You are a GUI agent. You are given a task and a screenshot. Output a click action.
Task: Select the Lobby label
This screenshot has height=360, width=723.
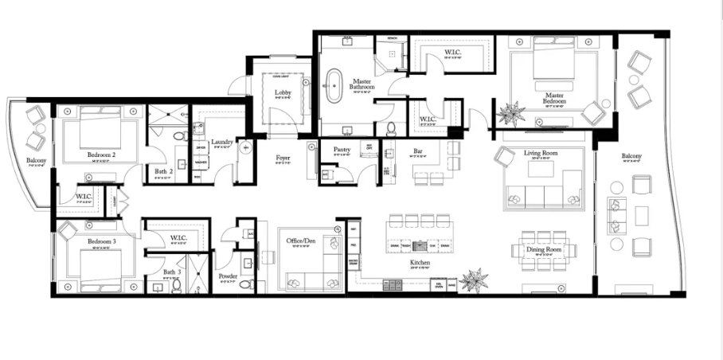(x=283, y=92)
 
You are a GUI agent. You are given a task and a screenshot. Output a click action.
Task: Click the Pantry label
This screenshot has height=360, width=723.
(x=342, y=149)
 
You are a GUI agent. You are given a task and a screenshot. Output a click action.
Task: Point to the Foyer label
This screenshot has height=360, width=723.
(x=283, y=157)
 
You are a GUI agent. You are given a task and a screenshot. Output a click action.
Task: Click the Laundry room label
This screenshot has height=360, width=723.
(x=223, y=142)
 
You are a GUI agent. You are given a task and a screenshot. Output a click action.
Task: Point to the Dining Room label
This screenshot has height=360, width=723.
(x=544, y=249)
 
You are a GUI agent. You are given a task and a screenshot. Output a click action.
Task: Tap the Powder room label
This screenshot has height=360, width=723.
(x=227, y=276)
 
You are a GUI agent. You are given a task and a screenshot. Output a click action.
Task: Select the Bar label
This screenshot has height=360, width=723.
(x=417, y=151)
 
